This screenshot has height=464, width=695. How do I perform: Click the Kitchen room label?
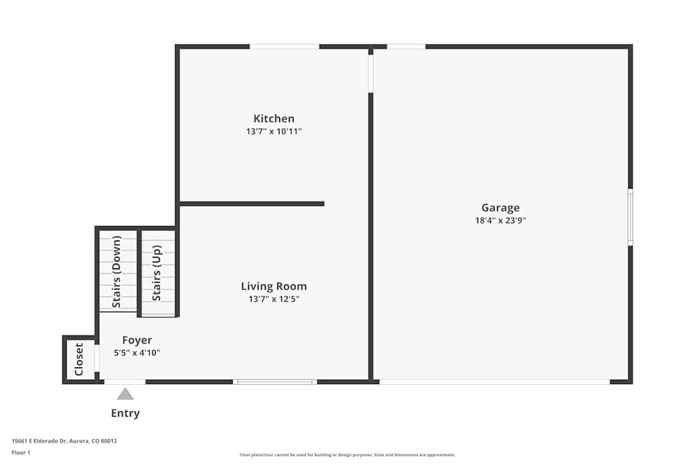[274, 119]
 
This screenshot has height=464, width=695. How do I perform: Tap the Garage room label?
[500, 207]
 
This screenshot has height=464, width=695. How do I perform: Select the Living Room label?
[274, 286]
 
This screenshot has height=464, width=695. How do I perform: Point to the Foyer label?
[137, 340]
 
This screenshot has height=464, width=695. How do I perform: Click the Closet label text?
[79, 359]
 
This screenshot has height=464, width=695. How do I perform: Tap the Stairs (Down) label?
[117, 272]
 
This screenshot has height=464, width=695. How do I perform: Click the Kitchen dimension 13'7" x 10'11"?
[274, 131]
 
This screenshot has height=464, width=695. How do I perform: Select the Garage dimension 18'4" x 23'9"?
[500, 221]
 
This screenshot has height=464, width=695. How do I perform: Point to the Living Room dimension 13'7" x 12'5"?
[274, 299]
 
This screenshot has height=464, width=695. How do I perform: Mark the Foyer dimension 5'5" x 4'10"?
[137, 353]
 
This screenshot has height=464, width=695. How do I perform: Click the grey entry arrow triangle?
[125, 394]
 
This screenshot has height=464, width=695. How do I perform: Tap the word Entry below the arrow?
[125, 413]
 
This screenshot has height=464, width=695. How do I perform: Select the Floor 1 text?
[21, 452]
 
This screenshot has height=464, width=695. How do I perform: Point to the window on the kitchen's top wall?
[284, 47]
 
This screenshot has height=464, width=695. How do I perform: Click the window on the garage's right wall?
[630, 217]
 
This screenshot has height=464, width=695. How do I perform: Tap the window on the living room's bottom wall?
[275, 382]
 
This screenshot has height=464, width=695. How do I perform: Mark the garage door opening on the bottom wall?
[494, 382]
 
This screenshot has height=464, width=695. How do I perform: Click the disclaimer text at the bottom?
[347, 455]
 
